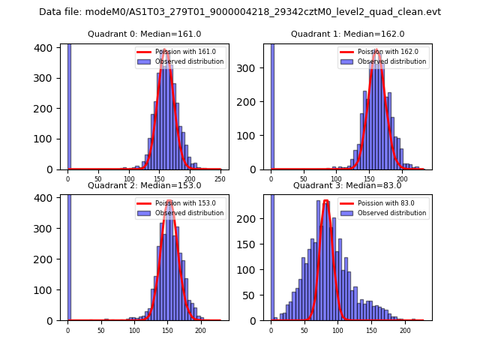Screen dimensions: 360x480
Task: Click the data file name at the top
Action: [x=240, y=12]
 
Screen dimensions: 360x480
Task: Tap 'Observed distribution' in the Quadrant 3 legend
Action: [x=391, y=213]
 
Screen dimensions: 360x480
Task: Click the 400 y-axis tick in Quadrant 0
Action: [x=46, y=47]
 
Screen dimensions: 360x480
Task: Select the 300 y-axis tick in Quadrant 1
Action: [x=253, y=68]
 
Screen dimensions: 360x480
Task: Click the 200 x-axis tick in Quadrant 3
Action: [x=405, y=330]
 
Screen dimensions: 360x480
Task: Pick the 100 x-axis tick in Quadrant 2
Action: [x=133, y=330]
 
